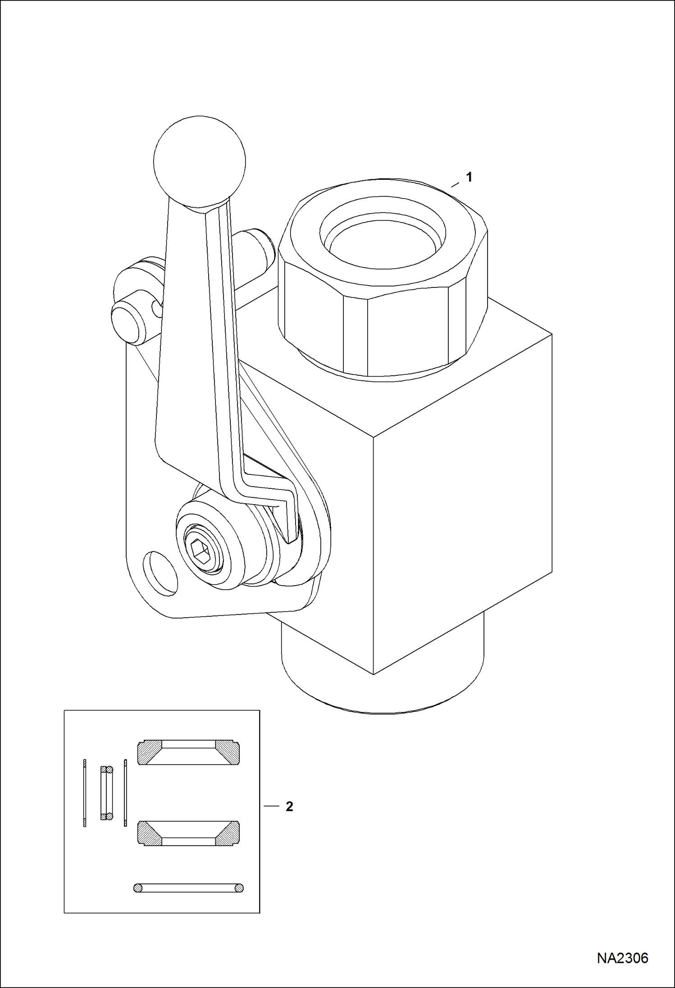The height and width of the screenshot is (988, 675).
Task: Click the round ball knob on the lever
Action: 200,162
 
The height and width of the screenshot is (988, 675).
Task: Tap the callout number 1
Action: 469,178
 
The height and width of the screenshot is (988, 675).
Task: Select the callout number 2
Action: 289,806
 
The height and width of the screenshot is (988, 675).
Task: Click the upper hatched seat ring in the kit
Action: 188,752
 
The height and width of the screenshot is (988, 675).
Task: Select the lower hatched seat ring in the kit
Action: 188,833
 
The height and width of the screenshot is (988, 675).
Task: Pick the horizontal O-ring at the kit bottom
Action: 189,888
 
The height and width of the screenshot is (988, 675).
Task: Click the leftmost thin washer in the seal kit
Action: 85,793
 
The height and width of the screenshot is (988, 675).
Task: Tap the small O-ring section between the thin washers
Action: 106,793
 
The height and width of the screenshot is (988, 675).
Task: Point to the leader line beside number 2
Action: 272,806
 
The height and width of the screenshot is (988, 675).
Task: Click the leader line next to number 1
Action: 455,184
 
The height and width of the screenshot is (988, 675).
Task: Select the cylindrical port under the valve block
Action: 383,676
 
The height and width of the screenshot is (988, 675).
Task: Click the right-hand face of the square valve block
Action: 463,505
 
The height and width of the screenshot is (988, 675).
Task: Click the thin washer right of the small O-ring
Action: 125,793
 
